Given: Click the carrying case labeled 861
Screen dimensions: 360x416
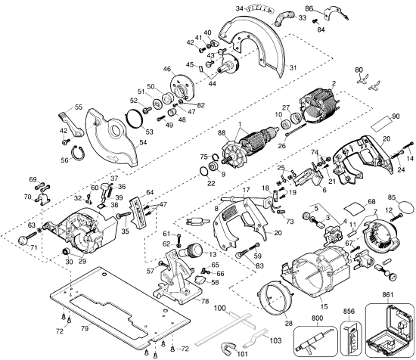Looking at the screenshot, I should point(390,326).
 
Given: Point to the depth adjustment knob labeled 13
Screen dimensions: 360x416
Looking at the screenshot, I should point(194,252).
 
